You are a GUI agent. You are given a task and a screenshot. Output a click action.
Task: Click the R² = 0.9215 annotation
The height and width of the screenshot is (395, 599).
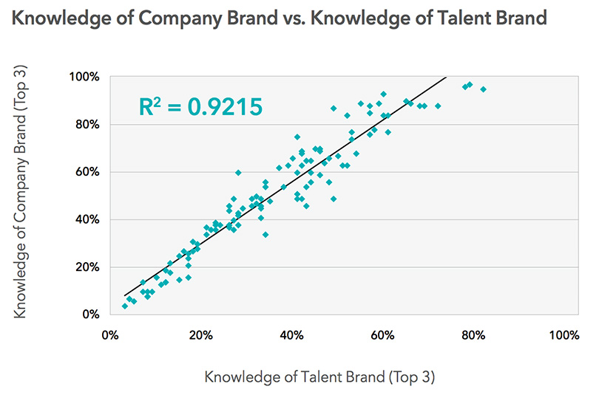pos(200,107)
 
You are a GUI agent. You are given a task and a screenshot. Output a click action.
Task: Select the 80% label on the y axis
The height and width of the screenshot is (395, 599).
pos(87,124)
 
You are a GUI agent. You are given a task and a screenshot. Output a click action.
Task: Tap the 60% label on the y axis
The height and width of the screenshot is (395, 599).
pos(87,172)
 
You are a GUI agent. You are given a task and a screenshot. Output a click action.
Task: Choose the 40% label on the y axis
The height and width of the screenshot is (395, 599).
pos(87,219)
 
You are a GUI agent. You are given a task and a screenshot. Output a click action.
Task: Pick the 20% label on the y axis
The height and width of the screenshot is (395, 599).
pos(87,267)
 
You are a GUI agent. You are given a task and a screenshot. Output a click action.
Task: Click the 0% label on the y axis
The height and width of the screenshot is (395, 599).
pos(89,315)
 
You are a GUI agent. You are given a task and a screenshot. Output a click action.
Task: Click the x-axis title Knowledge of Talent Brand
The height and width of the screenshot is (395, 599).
pos(319,377)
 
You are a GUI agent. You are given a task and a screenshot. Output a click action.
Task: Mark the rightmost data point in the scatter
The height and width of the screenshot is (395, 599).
pos(483,89)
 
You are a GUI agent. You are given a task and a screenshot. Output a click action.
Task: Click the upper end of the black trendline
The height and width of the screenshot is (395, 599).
pos(446,78)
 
